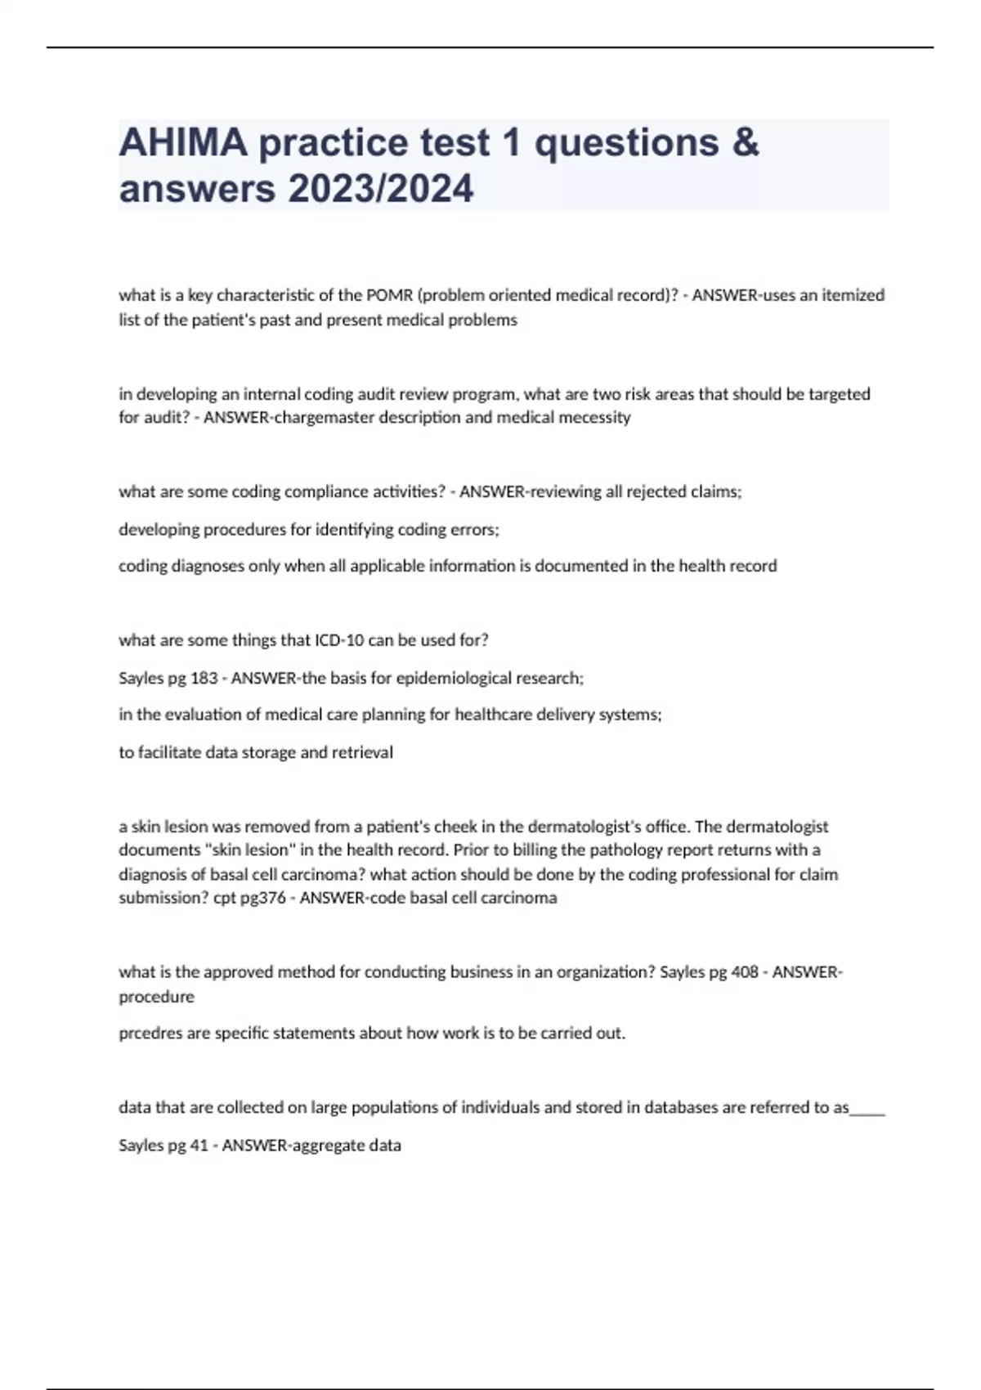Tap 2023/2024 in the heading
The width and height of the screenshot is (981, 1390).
(380, 189)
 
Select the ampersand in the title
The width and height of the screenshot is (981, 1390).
(745, 143)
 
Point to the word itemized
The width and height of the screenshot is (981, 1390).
(853, 295)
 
